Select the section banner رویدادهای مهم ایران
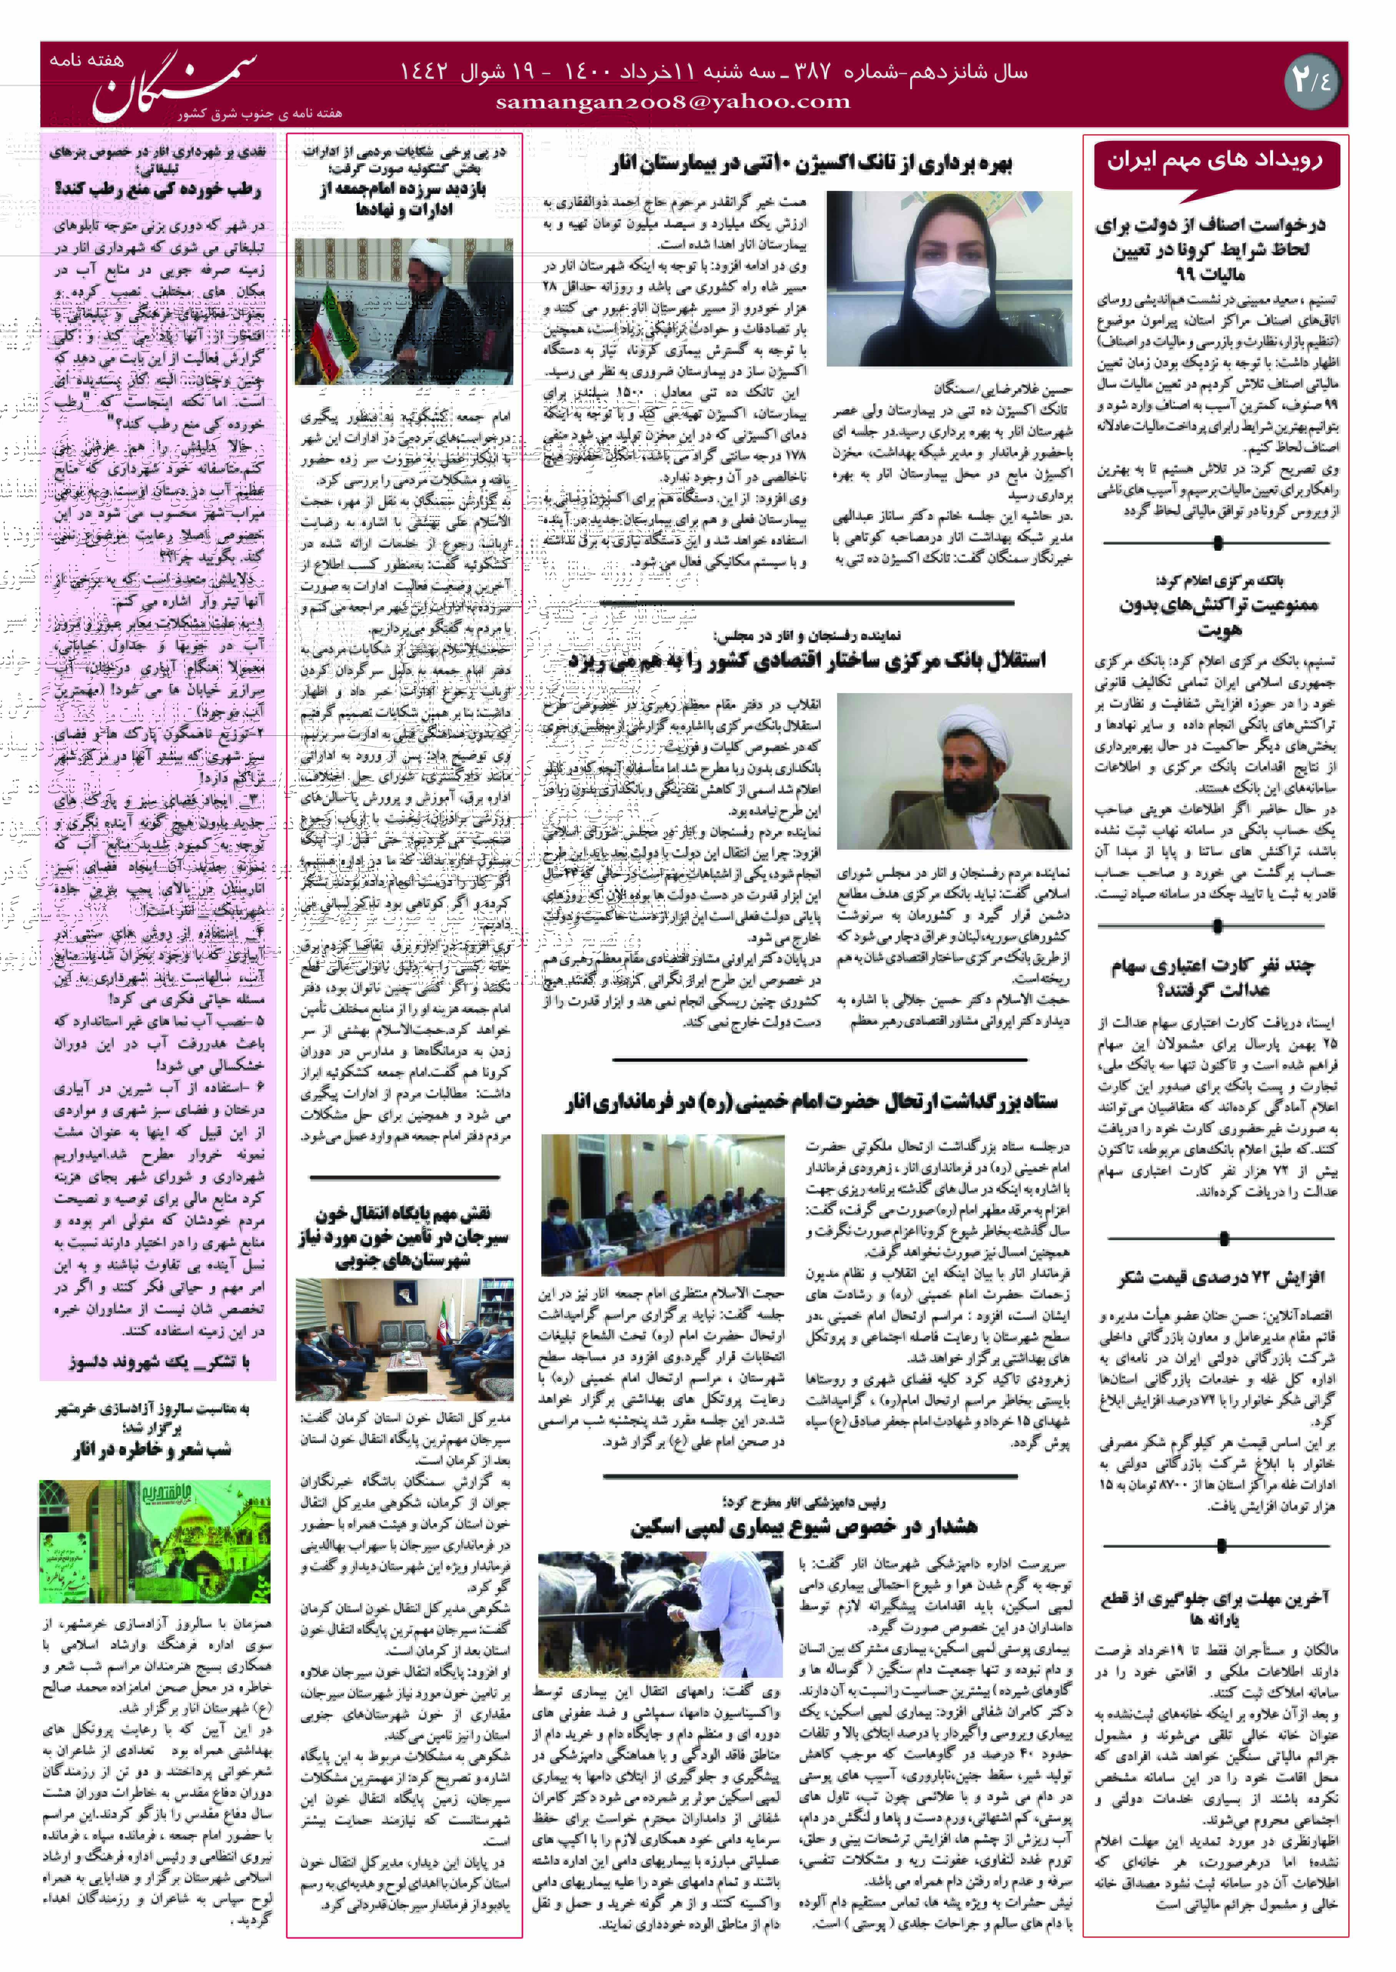pos(1215,161)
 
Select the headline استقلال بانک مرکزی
pos(806,660)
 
